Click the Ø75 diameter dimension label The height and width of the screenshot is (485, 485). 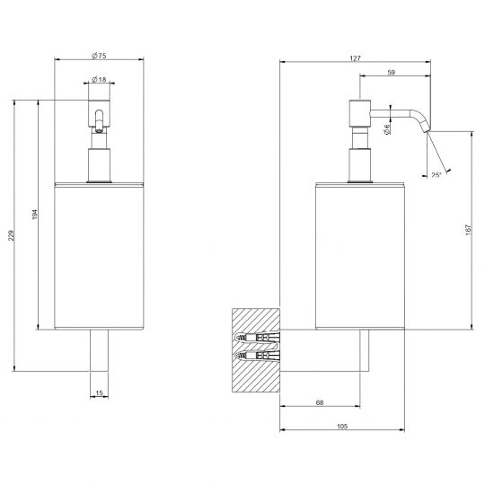click(x=99, y=56)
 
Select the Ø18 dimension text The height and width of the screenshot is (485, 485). click(x=99, y=80)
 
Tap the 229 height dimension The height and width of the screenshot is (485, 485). click(x=11, y=235)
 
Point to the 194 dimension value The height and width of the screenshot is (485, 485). click(x=35, y=215)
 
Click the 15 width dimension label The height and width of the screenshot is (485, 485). click(x=99, y=393)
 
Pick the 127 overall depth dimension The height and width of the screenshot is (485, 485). click(x=355, y=58)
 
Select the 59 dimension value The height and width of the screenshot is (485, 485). click(x=392, y=72)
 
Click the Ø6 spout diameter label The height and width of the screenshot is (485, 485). click(x=386, y=129)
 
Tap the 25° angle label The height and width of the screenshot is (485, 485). click(x=436, y=175)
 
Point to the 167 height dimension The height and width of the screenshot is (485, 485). click(x=468, y=230)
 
